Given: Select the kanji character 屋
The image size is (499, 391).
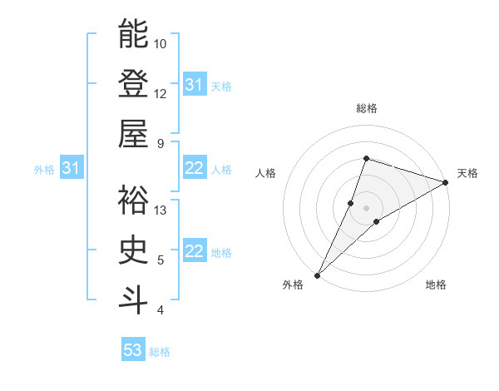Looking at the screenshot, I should tap(133, 133).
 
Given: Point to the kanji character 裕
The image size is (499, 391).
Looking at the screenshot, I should tap(133, 200).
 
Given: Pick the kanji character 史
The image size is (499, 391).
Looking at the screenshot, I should tap(133, 250).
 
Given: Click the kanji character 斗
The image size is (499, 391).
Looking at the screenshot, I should tap(133, 299).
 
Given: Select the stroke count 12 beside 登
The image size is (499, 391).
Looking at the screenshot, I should tap(161, 93).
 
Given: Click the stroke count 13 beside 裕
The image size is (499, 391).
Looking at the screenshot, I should tap(161, 210).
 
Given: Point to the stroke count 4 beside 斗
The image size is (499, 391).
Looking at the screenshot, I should tap(160, 310).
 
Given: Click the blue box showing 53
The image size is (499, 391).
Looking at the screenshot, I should tap(133, 350).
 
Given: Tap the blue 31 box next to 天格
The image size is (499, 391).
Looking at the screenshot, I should tap(194, 85).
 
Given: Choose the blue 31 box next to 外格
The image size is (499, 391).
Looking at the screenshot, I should tap(71, 169).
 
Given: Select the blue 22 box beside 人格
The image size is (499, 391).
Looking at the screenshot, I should tap(194, 169).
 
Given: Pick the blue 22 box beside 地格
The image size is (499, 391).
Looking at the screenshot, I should tap(194, 252).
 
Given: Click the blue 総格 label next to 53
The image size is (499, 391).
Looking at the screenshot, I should tap(160, 352).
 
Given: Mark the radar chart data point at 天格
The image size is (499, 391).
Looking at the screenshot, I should tap(445, 182).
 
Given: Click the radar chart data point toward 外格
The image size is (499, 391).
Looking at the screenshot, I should tap(317, 275).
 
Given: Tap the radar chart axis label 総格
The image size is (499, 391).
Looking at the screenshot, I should tap(366, 108).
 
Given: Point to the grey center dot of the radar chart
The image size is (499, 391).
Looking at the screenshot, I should tap(366, 207).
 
